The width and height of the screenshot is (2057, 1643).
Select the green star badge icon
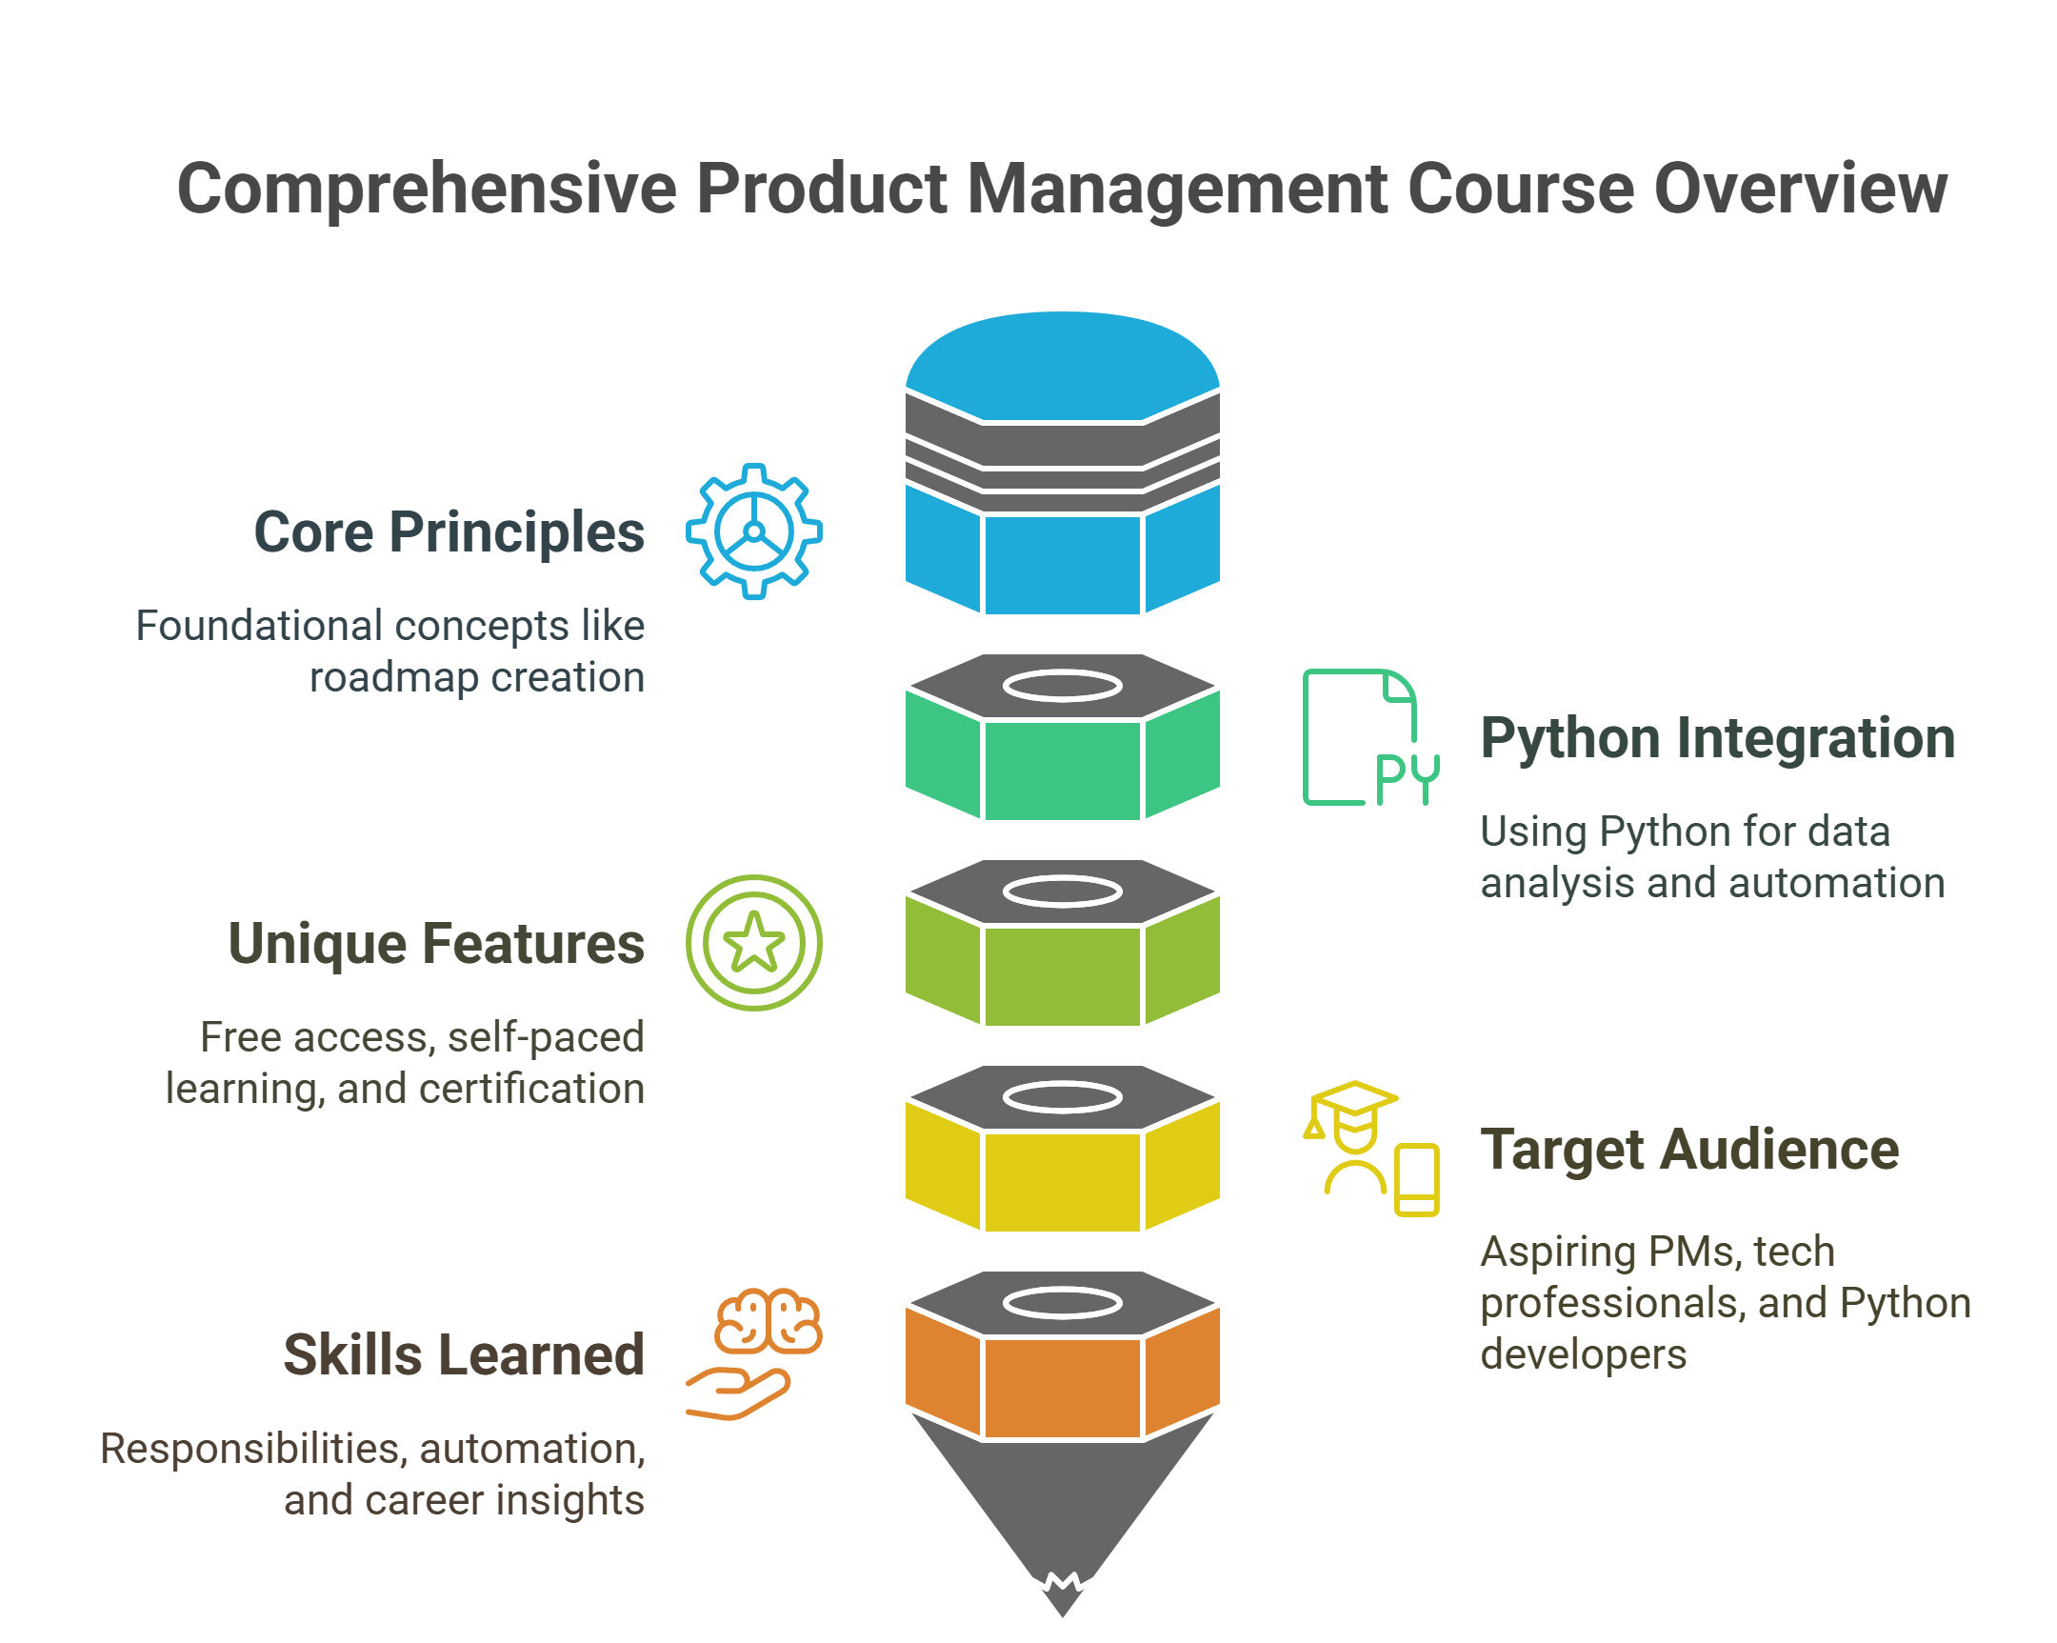click(x=753, y=944)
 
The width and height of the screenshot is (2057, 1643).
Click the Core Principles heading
click(x=449, y=532)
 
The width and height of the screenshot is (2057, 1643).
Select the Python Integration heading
click(x=1717, y=738)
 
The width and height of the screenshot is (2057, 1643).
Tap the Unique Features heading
click(x=437, y=945)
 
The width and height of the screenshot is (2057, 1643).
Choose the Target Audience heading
click(x=1689, y=1150)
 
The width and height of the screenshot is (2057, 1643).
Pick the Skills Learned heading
click(x=465, y=1354)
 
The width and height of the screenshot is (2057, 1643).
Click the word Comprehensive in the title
click(x=427, y=189)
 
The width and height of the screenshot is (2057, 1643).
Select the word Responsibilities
click(x=253, y=1450)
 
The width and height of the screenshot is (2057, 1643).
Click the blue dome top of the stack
click(x=1062, y=366)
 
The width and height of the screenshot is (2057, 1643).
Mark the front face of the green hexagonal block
click(x=1062, y=770)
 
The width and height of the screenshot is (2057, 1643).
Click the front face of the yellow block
click(x=1062, y=1182)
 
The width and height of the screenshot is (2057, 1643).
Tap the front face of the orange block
click(x=1062, y=1388)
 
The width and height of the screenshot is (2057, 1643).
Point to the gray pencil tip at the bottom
click(x=1062, y=1517)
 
